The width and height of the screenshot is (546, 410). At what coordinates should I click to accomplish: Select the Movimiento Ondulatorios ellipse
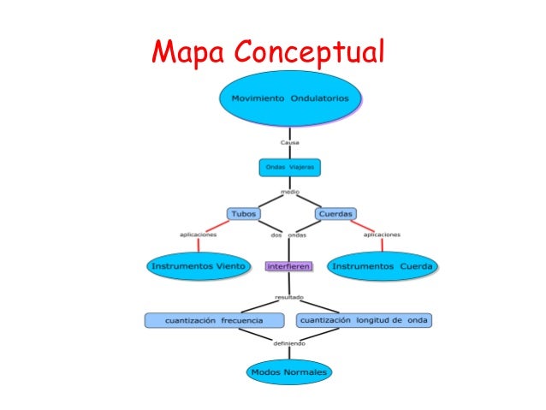(290, 98)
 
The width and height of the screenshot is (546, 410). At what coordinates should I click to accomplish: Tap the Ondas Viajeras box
(288, 168)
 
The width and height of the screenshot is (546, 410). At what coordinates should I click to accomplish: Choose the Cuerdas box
(335, 213)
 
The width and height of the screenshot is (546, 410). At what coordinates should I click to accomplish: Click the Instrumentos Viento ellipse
(199, 266)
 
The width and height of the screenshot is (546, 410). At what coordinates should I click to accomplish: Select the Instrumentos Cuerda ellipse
(383, 266)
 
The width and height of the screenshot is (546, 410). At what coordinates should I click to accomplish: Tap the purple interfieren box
(289, 266)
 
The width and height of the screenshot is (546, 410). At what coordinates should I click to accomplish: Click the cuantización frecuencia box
(213, 320)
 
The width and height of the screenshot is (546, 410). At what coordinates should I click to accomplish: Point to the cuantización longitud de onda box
(364, 320)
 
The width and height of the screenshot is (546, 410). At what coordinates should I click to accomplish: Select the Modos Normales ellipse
(289, 372)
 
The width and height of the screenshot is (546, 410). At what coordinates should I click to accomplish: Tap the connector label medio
(289, 193)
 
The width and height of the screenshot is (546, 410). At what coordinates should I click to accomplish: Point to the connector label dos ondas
(288, 235)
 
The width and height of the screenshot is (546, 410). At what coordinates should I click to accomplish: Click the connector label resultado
(289, 297)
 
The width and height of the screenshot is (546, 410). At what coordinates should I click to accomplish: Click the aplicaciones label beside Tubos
(198, 234)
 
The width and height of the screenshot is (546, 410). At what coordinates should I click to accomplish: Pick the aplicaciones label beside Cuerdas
(382, 234)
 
